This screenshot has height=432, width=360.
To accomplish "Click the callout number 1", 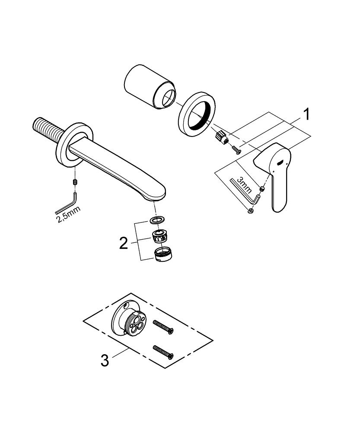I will (306, 115).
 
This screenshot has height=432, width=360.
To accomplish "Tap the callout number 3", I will (105, 359).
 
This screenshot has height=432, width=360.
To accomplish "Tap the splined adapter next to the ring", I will (221, 138).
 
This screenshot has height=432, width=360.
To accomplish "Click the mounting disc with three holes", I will (130, 320).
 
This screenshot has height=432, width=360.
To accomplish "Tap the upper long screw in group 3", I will (163, 327).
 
